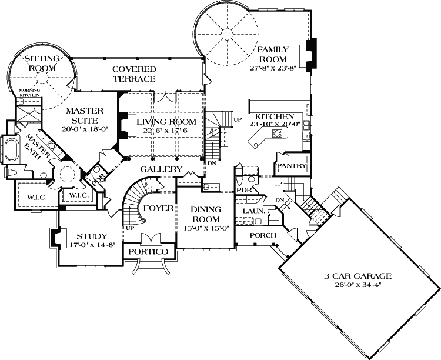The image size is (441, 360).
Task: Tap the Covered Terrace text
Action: click(x=134, y=74)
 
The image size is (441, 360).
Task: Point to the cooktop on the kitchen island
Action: click(x=278, y=134)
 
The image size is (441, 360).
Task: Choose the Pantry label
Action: click(x=292, y=166)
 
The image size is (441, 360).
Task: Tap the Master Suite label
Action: click(x=85, y=115)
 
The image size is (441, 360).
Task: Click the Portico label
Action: click(x=146, y=252)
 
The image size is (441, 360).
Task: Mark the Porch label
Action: click(x=263, y=235)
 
